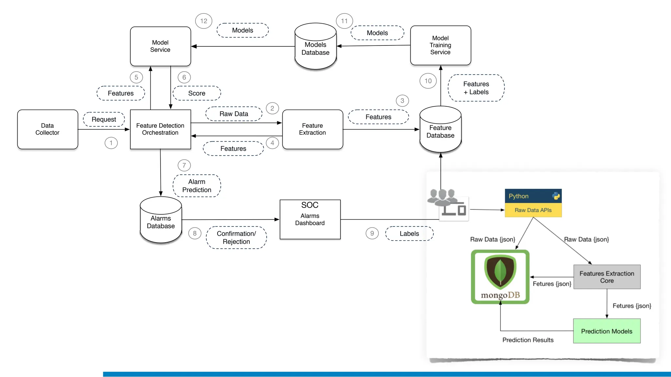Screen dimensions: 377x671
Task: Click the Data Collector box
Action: [x=48, y=129]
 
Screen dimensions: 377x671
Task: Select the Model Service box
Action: [x=160, y=46]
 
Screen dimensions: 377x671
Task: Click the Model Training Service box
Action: [x=440, y=45]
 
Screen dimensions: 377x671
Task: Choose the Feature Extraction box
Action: [x=312, y=129]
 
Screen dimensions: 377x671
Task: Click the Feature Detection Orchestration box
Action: [x=160, y=129]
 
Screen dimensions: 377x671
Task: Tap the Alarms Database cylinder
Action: [x=161, y=221]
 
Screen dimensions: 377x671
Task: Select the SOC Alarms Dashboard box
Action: [x=310, y=219]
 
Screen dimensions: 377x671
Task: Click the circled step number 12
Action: [x=203, y=21]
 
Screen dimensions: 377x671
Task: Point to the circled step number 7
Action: [x=184, y=165]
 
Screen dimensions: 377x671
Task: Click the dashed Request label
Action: [x=104, y=119]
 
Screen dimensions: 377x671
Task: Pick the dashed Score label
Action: [x=197, y=93]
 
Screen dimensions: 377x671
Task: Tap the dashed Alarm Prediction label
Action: [x=197, y=186]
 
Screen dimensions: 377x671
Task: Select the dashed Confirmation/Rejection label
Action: [x=236, y=238]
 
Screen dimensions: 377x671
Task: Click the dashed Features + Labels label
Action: [x=476, y=88]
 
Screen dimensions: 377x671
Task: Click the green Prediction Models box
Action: [x=606, y=331]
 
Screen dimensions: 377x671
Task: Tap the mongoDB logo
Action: [x=500, y=277]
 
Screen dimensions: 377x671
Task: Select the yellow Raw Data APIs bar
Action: [x=533, y=210]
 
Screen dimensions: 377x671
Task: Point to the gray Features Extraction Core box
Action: [x=607, y=277]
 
